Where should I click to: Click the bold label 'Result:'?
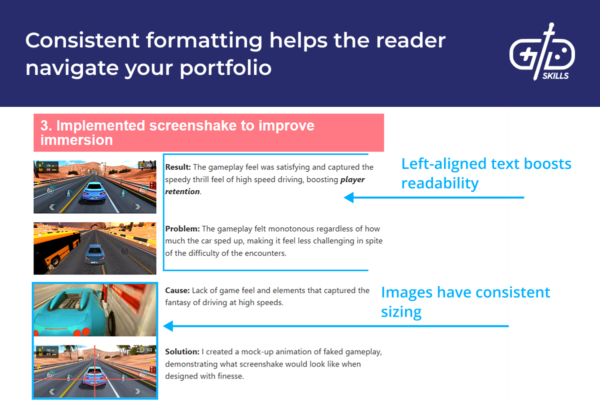pyautogui.click(x=178, y=167)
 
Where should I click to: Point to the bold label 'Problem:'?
pyautogui.click(x=182, y=229)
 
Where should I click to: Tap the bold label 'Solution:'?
pyautogui.click(x=182, y=352)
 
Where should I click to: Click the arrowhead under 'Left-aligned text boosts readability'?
pyautogui.click(x=348, y=198)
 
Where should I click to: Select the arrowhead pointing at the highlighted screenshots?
pyautogui.click(x=168, y=327)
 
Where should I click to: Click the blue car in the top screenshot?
pyautogui.click(x=94, y=191)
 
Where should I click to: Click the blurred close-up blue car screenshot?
pyautogui.click(x=95, y=310)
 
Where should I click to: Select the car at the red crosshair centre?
pyautogui.click(x=95, y=376)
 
